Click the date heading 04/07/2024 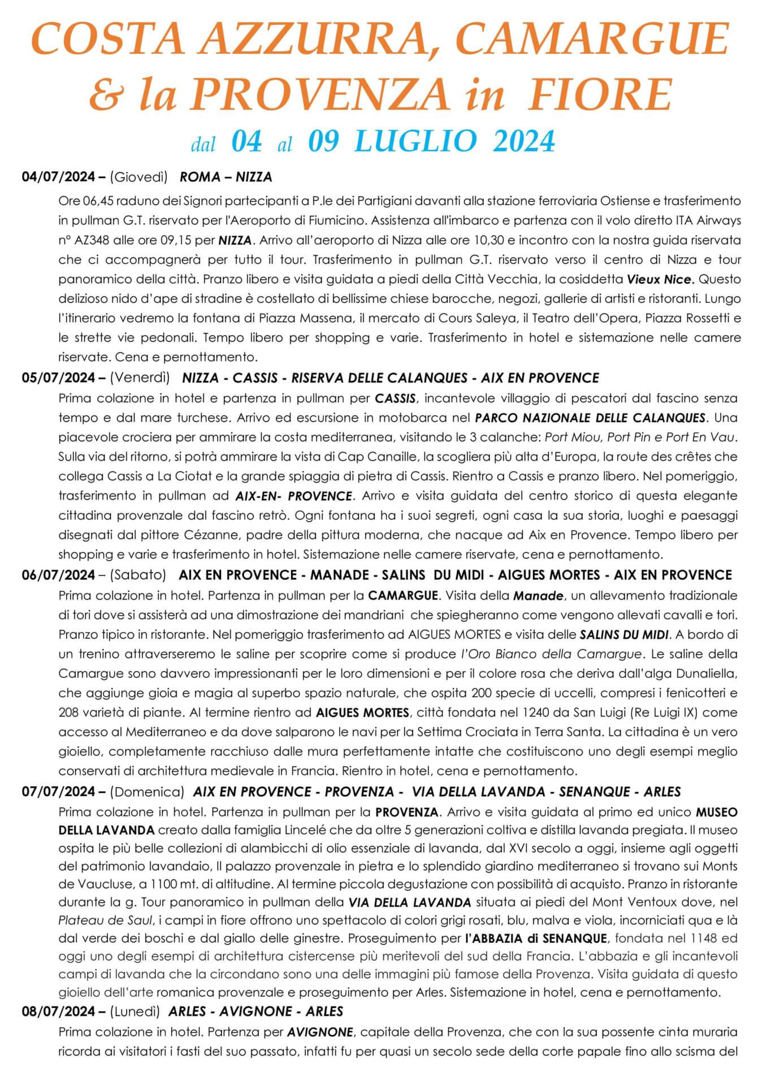(59, 177)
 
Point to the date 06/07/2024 (59, 575)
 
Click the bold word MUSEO (716, 812)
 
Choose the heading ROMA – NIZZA (226, 177)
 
